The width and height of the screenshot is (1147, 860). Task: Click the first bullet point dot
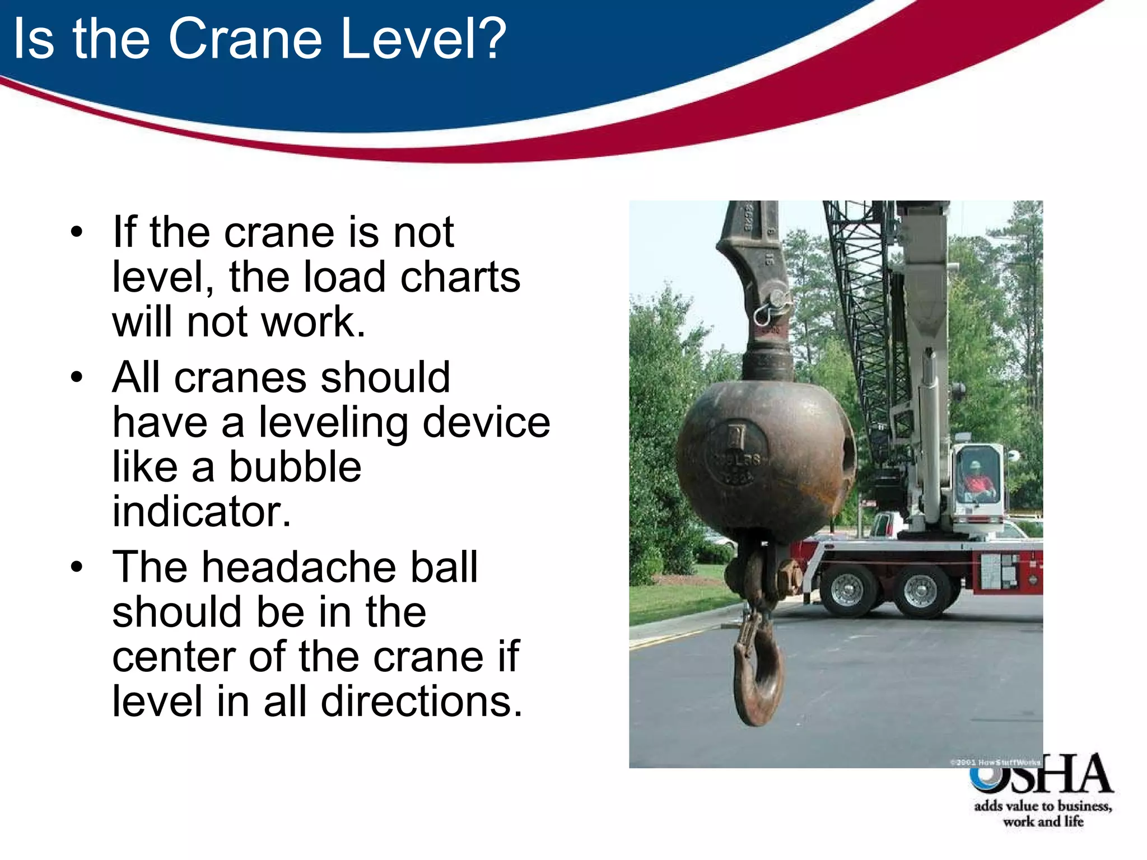[x=77, y=232]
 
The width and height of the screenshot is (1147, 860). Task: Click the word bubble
[x=295, y=467]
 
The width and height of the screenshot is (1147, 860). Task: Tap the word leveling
[x=333, y=423]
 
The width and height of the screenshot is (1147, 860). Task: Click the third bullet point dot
[x=77, y=567]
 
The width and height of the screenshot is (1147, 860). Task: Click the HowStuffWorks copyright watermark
[x=995, y=762]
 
